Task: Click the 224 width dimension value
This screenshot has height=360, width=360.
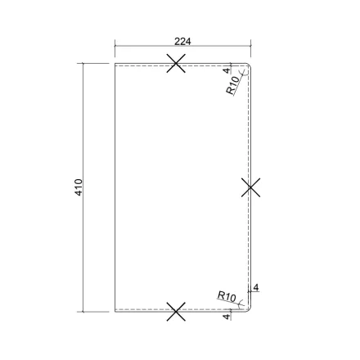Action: pos(182,42)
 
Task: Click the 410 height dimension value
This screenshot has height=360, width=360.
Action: pos(79,187)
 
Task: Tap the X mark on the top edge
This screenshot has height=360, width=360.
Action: pos(176,63)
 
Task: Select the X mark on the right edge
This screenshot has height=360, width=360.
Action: pos(250,187)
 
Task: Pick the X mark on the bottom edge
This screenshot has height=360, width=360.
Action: pos(176,312)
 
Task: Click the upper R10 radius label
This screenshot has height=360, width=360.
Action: pos(232,85)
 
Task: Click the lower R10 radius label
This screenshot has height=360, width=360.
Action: pos(227,296)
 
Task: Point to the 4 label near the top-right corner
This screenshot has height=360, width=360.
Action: pos(227,70)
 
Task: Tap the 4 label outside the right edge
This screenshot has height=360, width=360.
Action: pos(256,287)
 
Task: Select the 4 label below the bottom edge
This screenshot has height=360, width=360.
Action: pos(226,317)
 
